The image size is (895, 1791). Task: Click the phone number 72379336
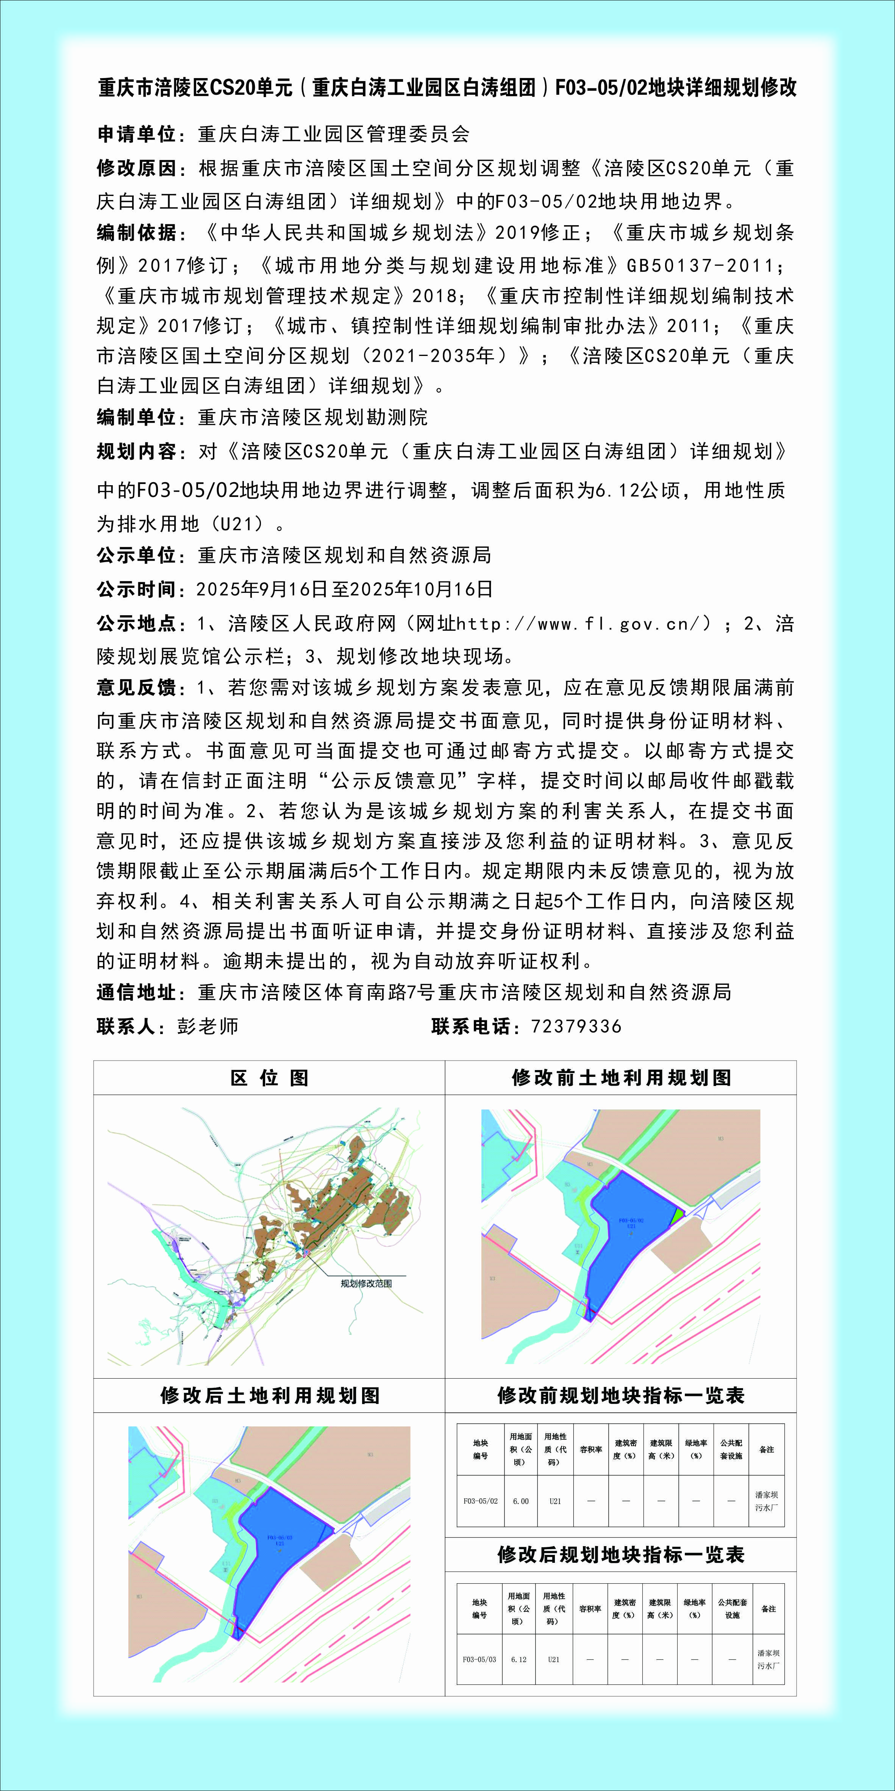[x=575, y=1026]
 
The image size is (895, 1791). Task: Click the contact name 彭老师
[x=207, y=1026]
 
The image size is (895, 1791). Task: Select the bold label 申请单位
[x=136, y=134]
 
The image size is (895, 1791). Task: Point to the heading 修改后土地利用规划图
[x=270, y=1395]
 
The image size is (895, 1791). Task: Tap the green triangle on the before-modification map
[x=675, y=1217]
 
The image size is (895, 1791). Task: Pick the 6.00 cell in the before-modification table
[x=520, y=1501]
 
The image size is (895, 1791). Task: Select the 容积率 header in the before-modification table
[x=590, y=1449]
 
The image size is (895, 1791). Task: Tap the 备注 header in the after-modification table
[x=768, y=1609]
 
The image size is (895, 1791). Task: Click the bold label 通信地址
[x=136, y=992]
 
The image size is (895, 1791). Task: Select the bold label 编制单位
[x=136, y=417]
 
